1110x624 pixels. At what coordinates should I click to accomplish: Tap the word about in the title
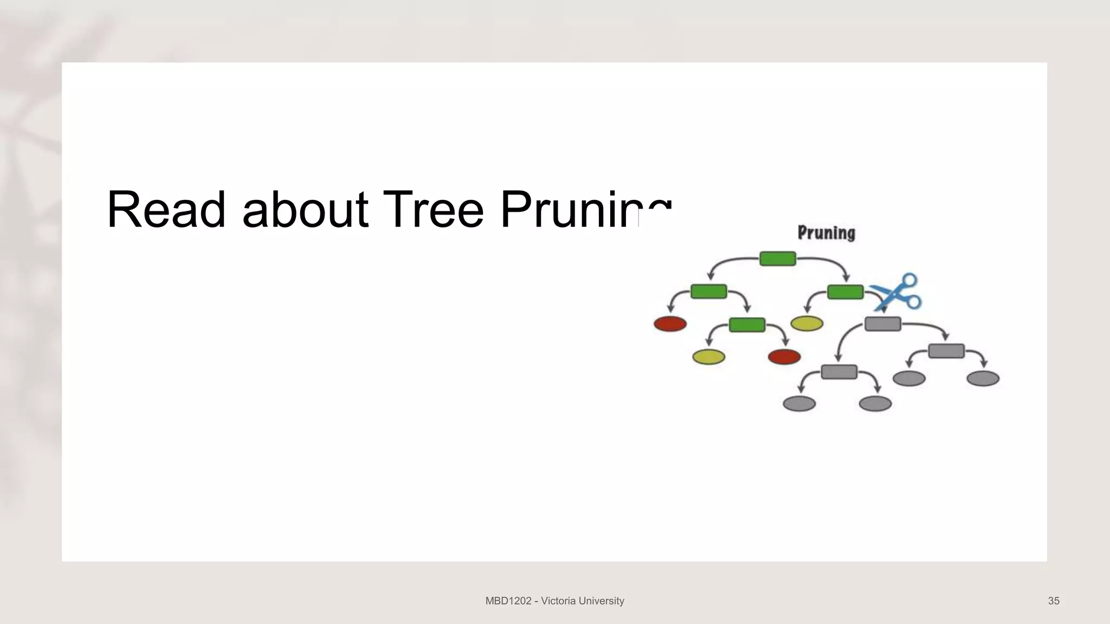(x=305, y=210)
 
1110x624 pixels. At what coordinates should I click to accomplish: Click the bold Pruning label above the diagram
(x=826, y=233)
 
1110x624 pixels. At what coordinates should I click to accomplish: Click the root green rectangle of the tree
(x=777, y=259)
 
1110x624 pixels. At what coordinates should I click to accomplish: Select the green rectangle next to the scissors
(x=845, y=292)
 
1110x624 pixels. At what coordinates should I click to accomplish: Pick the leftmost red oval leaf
(x=670, y=324)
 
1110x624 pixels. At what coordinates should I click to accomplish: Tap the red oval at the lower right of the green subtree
(x=784, y=356)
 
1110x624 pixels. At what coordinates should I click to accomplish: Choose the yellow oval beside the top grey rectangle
(x=806, y=324)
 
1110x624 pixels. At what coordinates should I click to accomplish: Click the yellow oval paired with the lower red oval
(x=708, y=357)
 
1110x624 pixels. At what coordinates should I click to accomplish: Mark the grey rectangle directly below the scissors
(x=882, y=324)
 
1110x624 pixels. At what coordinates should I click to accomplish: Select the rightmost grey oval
(x=983, y=378)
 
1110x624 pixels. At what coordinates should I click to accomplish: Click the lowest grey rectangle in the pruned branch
(x=838, y=372)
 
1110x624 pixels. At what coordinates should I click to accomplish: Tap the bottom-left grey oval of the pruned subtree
(x=799, y=404)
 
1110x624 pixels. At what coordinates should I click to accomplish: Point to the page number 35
(x=1054, y=601)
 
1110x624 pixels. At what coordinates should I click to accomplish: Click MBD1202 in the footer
(x=508, y=601)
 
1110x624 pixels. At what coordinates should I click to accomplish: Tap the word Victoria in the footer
(x=559, y=601)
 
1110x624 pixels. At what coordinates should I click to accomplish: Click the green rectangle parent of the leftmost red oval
(x=708, y=291)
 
